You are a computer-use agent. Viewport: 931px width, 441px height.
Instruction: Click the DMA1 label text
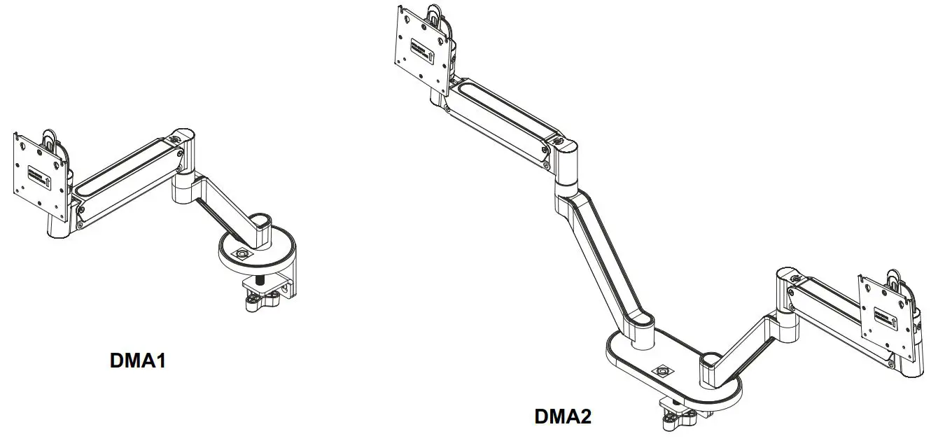pyautogui.click(x=138, y=360)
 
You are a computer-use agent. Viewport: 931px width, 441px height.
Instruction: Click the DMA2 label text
pyautogui.click(x=563, y=416)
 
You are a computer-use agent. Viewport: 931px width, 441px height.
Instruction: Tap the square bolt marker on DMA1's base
pyautogui.click(x=242, y=253)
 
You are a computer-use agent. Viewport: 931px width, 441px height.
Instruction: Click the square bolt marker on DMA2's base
pyautogui.click(x=661, y=370)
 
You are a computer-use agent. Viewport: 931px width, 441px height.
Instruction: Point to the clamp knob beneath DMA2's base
pyautogui.click(x=673, y=420)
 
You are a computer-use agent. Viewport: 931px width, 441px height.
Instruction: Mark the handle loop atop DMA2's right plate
pyautogui.click(x=895, y=278)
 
